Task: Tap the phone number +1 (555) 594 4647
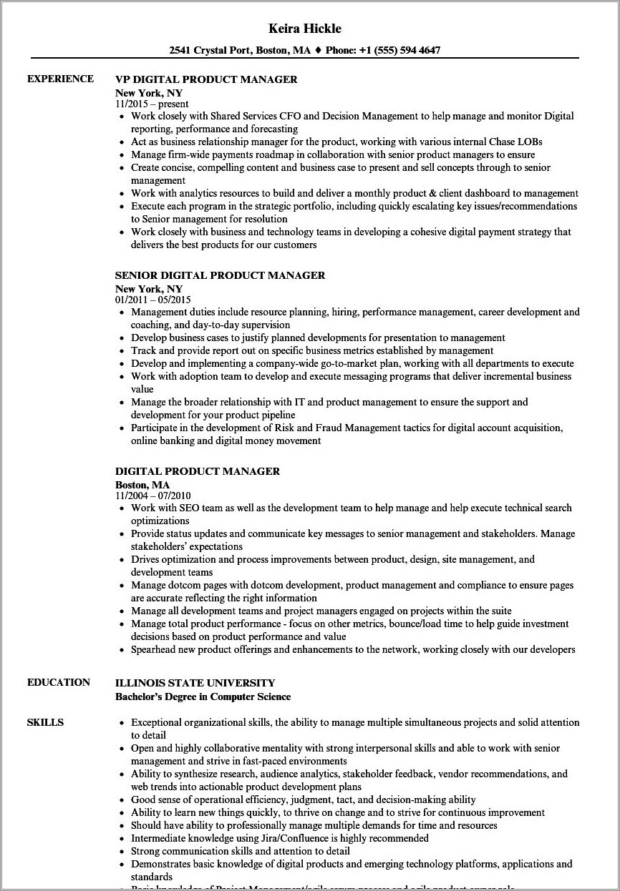point(405,50)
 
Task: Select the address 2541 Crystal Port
point(210,50)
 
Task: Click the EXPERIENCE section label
point(60,79)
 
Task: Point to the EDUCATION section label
point(59,682)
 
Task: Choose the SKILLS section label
point(45,722)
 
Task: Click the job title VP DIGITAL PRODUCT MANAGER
point(206,79)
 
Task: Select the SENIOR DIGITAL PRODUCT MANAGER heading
point(220,275)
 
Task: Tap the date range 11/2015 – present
point(152,104)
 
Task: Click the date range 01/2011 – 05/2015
point(152,300)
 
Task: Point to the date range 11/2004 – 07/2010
point(152,496)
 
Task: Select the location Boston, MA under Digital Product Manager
point(142,484)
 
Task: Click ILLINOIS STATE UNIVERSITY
point(195,683)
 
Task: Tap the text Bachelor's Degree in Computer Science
point(203,696)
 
